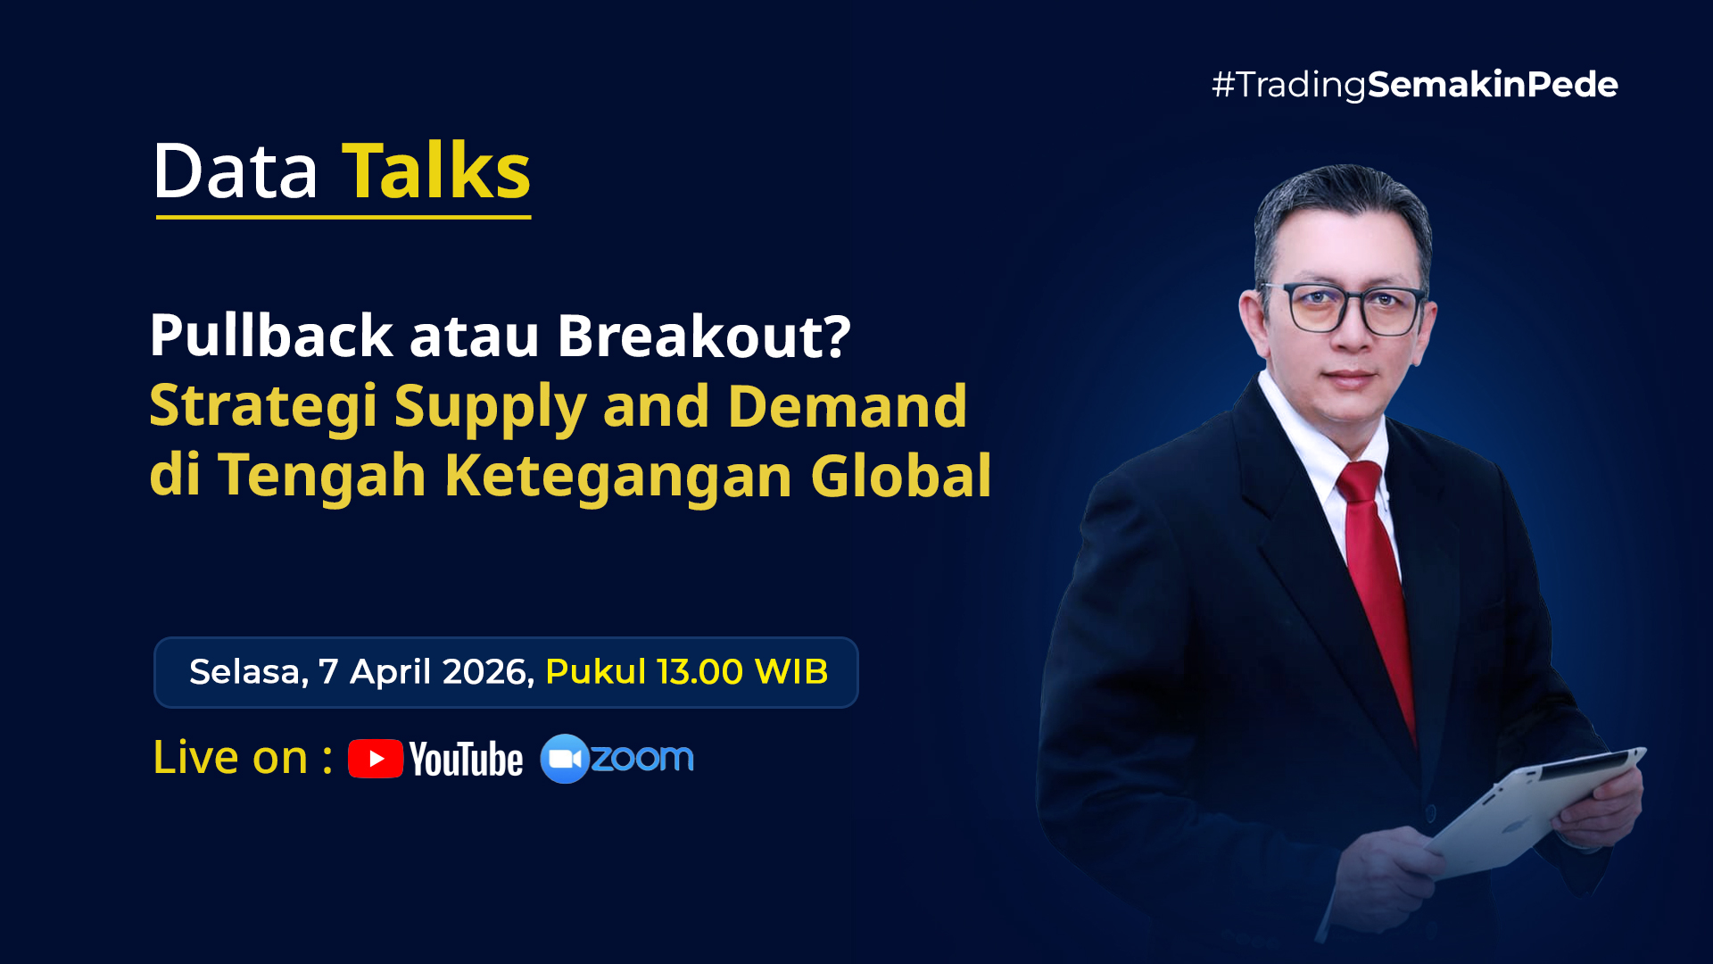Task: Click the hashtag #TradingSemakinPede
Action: (x=1415, y=85)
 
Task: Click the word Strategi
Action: (x=263, y=407)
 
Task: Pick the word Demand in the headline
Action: (x=848, y=405)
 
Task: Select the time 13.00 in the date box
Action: (x=700, y=672)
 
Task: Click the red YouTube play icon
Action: (x=376, y=759)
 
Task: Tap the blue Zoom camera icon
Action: (x=565, y=759)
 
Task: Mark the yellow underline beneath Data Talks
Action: (x=343, y=216)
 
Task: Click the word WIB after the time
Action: (x=791, y=672)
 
